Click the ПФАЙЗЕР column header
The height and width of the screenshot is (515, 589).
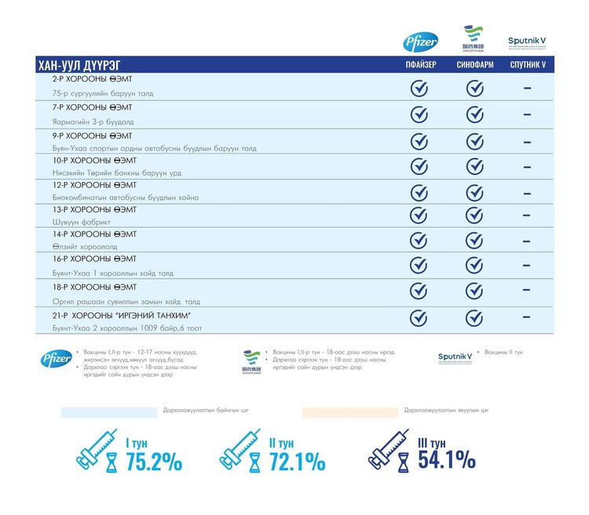(419, 65)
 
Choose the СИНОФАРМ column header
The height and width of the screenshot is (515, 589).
(474, 65)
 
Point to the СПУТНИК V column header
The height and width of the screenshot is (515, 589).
(527, 65)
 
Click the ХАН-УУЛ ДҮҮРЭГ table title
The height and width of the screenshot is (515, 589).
(79, 65)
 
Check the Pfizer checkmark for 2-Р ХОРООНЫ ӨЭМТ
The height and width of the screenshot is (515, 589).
(419, 88)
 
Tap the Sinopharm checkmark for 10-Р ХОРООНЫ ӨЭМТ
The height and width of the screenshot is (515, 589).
(474, 166)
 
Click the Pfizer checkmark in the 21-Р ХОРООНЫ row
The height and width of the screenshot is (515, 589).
(419, 318)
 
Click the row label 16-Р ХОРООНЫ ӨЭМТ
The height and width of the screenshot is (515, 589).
(94, 258)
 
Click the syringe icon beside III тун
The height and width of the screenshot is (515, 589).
(391, 450)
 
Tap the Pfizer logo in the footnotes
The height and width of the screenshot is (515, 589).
(57, 359)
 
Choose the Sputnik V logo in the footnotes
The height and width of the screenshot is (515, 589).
(455, 358)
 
